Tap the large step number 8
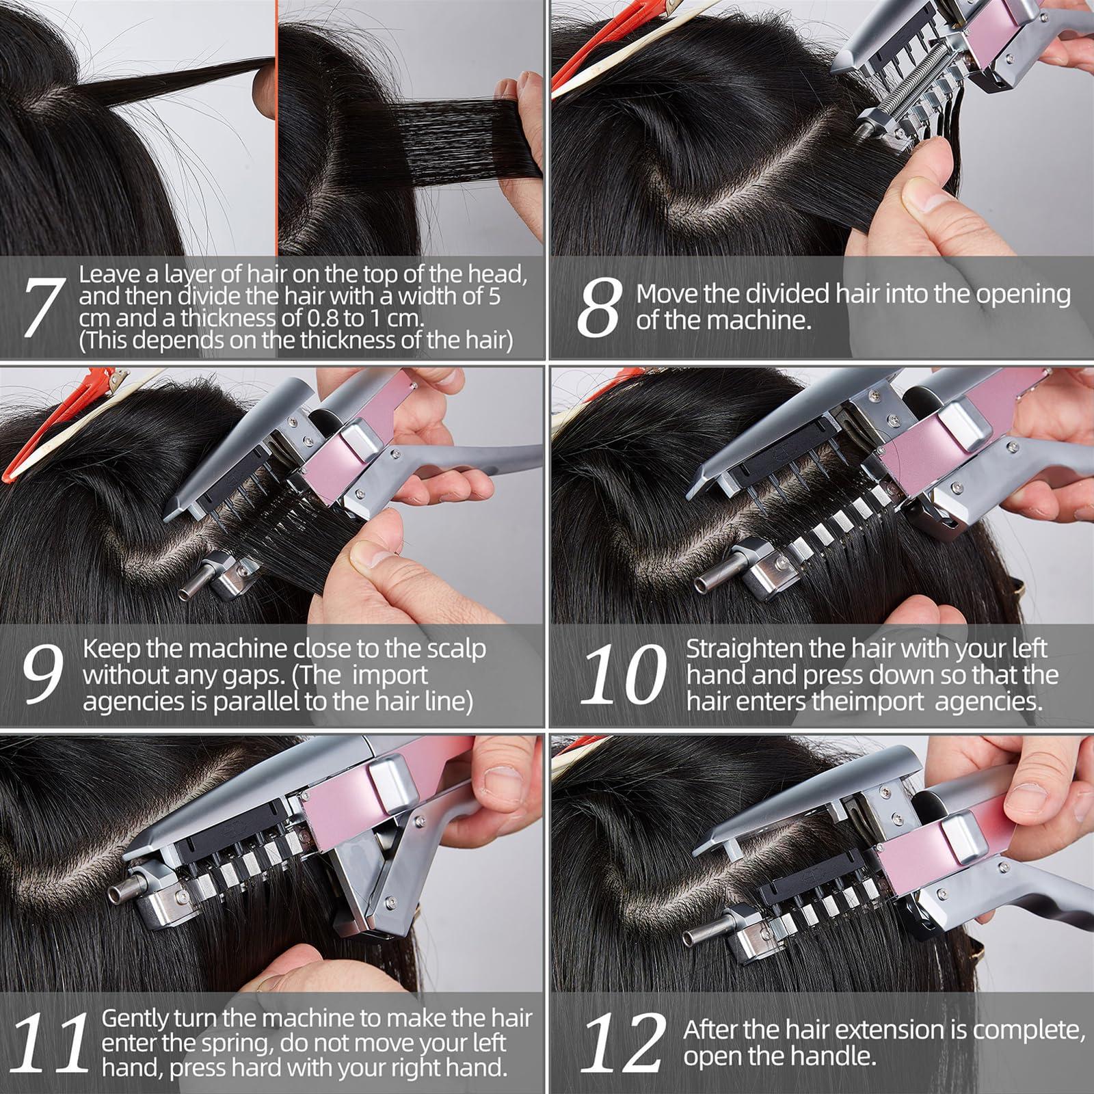600,308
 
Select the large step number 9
42,674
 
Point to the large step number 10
622,674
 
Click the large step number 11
49,1043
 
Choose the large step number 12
622,1043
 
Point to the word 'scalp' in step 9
455,648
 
